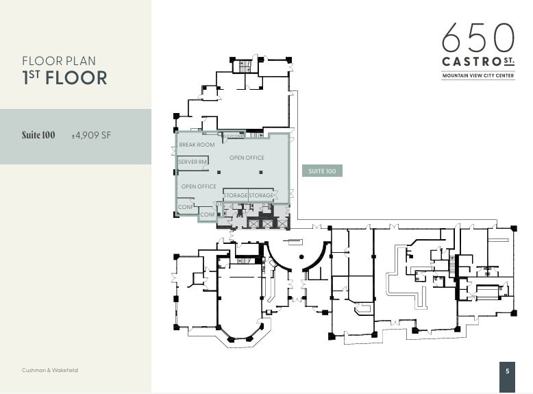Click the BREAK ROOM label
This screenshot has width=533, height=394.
coord(197,145)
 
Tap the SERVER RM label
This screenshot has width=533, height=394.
coord(193,162)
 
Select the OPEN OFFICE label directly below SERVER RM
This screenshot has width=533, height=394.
coord(199,186)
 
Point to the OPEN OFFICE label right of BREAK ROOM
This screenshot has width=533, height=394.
coord(247,158)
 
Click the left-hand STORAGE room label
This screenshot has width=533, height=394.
coord(235,196)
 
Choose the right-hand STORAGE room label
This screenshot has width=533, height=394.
coord(261,196)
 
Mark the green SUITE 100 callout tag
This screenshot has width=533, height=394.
coord(322,171)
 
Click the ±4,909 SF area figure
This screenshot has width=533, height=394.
coord(91,136)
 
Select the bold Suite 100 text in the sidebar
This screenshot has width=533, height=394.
coord(38,136)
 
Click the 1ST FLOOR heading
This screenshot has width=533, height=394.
coord(64,77)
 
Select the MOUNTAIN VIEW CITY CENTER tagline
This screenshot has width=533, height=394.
coord(478,76)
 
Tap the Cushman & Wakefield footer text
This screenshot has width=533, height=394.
coord(50,370)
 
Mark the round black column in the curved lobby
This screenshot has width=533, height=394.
coord(301,256)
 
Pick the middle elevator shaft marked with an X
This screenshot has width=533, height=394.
coord(266,223)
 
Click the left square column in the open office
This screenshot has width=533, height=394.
coord(219,171)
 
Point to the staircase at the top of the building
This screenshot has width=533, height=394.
coord(243,66)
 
